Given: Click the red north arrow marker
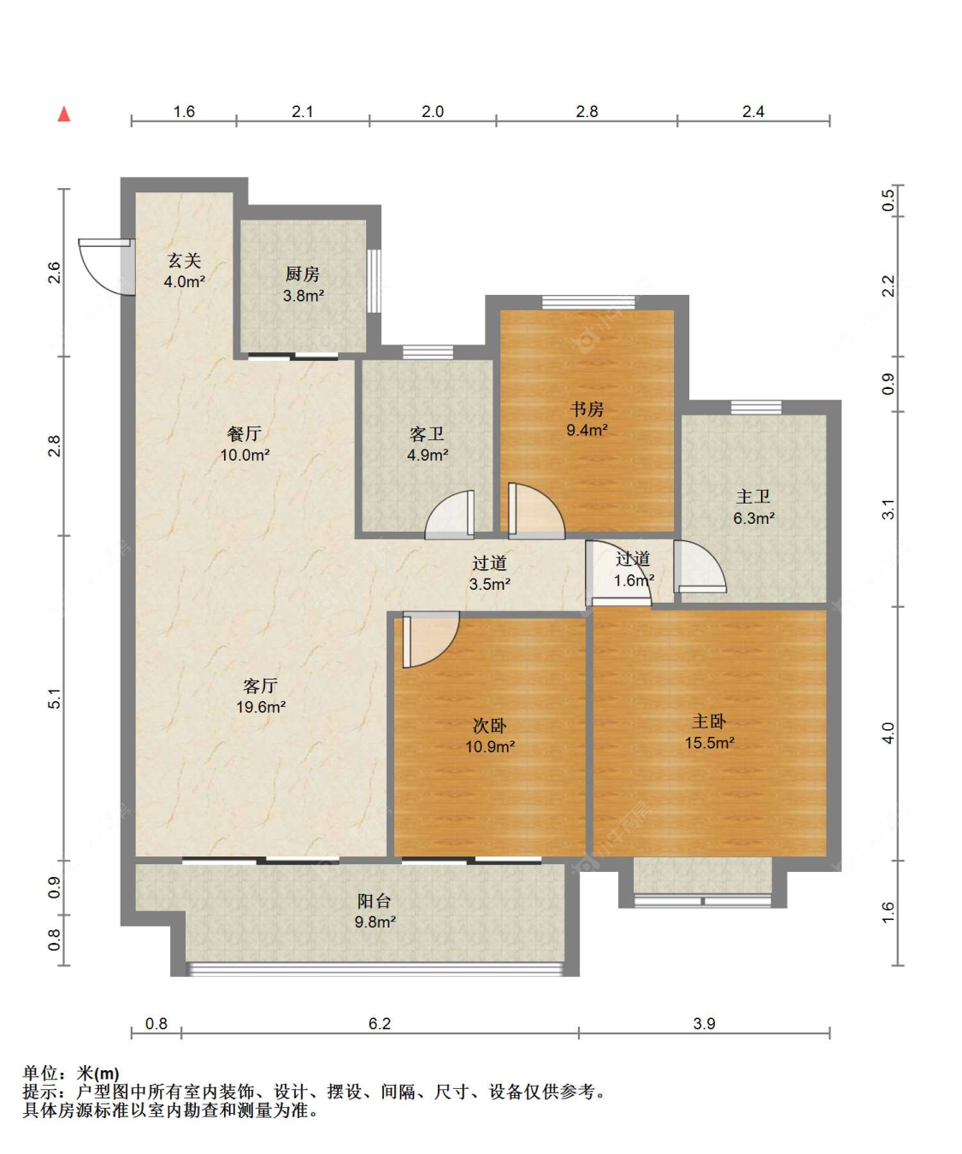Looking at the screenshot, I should pos(64,114).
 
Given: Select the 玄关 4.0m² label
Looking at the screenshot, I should pos(184,270).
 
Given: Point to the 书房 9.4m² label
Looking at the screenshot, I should pos(587,420).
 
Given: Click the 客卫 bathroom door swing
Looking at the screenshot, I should pos(451,515).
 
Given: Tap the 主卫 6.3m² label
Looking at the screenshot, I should pos(753,507).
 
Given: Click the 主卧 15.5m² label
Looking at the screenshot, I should pos(709,732).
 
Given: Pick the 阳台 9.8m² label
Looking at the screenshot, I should pos(375,911).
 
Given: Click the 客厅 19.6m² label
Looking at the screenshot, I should pos(260,696).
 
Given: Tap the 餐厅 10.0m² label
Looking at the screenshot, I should pos(245,445).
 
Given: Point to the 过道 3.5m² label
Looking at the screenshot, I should pos(489,574).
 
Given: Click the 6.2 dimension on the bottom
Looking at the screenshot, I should pos(379,1023).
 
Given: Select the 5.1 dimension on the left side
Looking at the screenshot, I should pos(54,698).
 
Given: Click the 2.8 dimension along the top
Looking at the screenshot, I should pos(587,111).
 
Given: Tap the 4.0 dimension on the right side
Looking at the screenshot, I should pos(888,733).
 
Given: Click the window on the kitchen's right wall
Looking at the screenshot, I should pos(374,280).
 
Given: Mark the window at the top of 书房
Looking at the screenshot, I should pos(588,302).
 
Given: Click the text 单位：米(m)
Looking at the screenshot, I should pos(71,1073).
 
